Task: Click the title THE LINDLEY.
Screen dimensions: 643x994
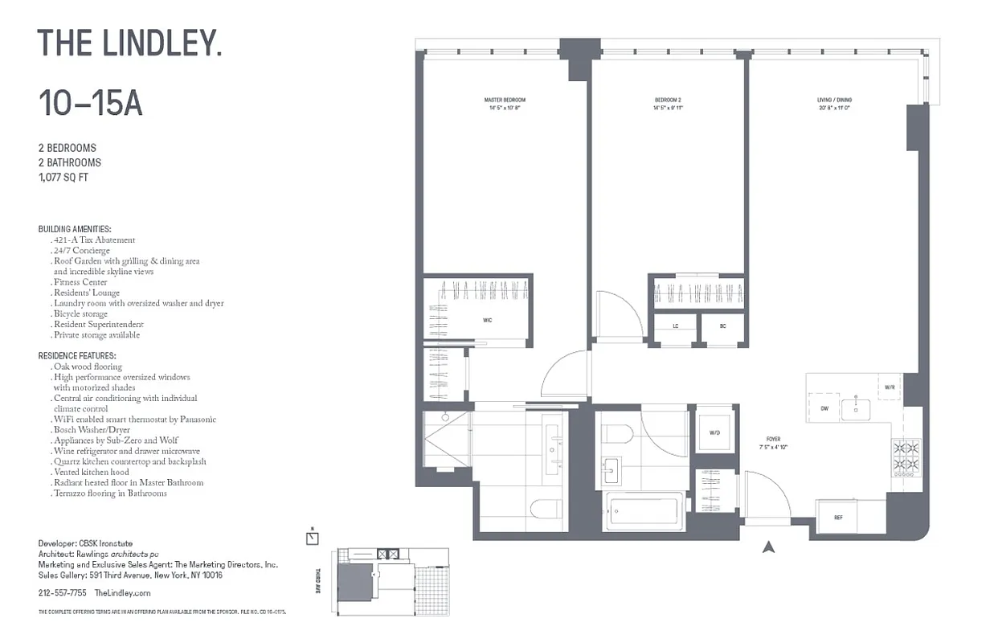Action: (x=129, y=43)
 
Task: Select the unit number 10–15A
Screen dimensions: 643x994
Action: (x=90, y=104)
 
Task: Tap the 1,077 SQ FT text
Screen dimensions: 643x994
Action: (x=63, y=177)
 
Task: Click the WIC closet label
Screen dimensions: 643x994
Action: (x=487, y=319)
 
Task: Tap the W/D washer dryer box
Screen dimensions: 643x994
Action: (x=714, y=432)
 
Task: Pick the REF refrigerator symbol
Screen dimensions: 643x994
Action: (x=837, y=518)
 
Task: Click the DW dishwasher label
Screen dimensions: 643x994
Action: (x=824, y=408)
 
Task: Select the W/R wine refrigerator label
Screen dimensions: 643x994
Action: (x=890, y=387)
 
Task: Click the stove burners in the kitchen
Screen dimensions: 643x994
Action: (x=906, y=456)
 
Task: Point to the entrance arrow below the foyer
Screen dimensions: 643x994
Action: (x=768, y=547)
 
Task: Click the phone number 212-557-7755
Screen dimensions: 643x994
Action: (x=62, y=592)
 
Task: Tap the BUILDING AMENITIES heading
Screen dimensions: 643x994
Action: (x=75, y=229)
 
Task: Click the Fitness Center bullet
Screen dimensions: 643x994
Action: (x=80, y=282)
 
